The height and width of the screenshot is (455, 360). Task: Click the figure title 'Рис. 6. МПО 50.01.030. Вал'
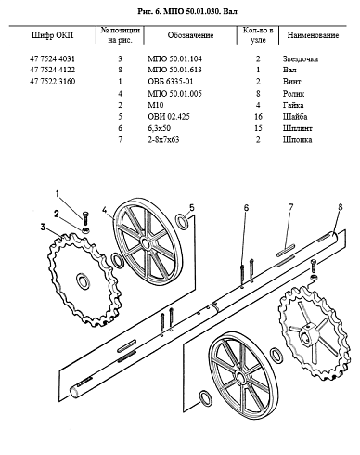click(187, 11)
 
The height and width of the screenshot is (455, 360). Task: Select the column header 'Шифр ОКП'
click(53, 35)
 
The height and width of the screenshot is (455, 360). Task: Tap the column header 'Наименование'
click(313, 35)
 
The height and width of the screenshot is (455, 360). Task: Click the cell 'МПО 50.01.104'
click(174, 58)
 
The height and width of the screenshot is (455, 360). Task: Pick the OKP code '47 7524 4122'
click(53, 70)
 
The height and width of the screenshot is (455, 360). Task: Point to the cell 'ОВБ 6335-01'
click(171, 82)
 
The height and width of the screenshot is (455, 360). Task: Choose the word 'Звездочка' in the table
click(300, 58)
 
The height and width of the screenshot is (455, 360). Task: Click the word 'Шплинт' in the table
click(297, 128)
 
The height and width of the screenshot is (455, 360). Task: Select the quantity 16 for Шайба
click(258, 117)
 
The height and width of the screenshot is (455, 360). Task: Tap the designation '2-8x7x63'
click(163, 139)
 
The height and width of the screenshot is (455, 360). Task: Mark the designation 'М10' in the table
click(155, 105)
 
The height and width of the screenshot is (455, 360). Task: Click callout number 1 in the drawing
click(58, 194)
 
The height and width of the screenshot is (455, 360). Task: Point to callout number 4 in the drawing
click(105, 211)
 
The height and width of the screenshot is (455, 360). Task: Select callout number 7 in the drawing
click(290, 207)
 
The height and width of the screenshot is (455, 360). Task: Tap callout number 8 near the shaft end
click(341, 207)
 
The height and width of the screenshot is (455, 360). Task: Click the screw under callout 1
click(85, 219)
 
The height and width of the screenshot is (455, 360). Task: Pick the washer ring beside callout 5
click(182, 221)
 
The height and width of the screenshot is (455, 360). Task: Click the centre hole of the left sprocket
click(83, 281)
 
